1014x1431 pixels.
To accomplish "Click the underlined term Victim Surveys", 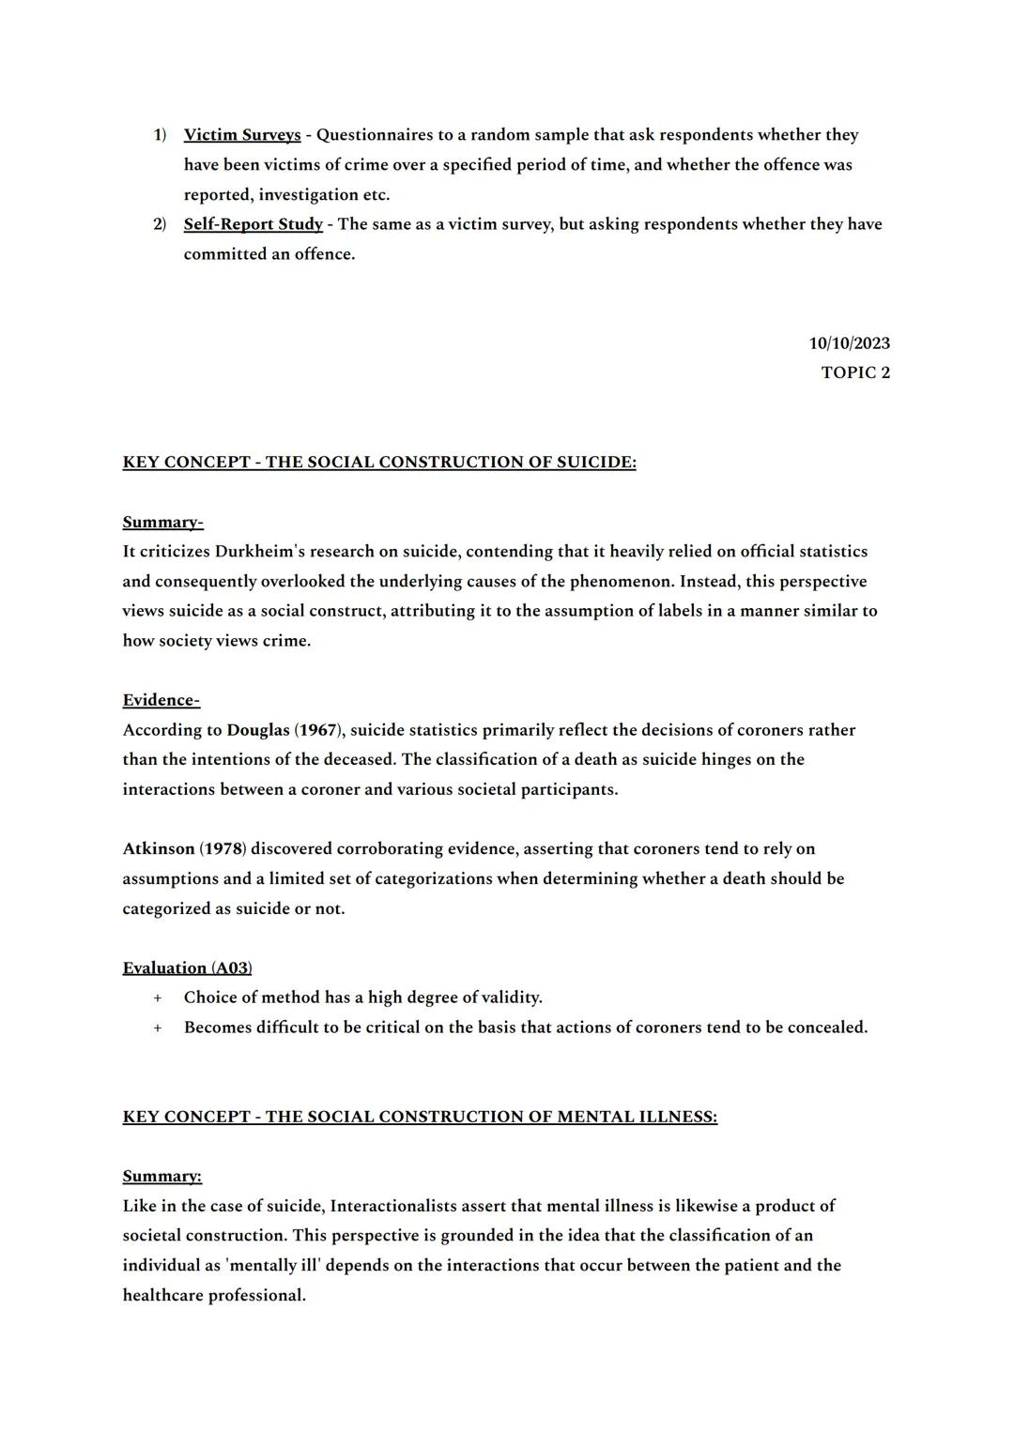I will [x=242, y=135].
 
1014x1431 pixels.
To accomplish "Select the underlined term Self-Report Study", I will [x=253, y=224].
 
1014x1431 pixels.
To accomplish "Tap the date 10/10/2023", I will [x=849, y=343].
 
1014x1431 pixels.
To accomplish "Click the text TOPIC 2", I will [x=855, y=373].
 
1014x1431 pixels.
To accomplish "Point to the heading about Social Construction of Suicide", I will [x=379, y=463].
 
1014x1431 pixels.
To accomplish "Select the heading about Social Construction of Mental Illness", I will [x=420, y=1117].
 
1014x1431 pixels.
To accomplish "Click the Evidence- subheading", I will [x=161, y=700].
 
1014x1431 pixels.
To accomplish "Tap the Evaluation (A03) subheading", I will [x=187, y=967].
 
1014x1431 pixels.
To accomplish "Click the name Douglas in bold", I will [x=258, y=730].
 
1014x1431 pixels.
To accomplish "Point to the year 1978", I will [x=223, y=849].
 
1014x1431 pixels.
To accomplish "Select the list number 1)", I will [x=160, y=135].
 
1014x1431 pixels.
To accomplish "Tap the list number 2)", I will [x=160, y=224].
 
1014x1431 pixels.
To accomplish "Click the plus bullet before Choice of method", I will [x=158, y=997].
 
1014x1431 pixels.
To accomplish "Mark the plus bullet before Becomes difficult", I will [x=158, y=1028].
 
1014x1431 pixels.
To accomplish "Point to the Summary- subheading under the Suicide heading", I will [x=162, y=522].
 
